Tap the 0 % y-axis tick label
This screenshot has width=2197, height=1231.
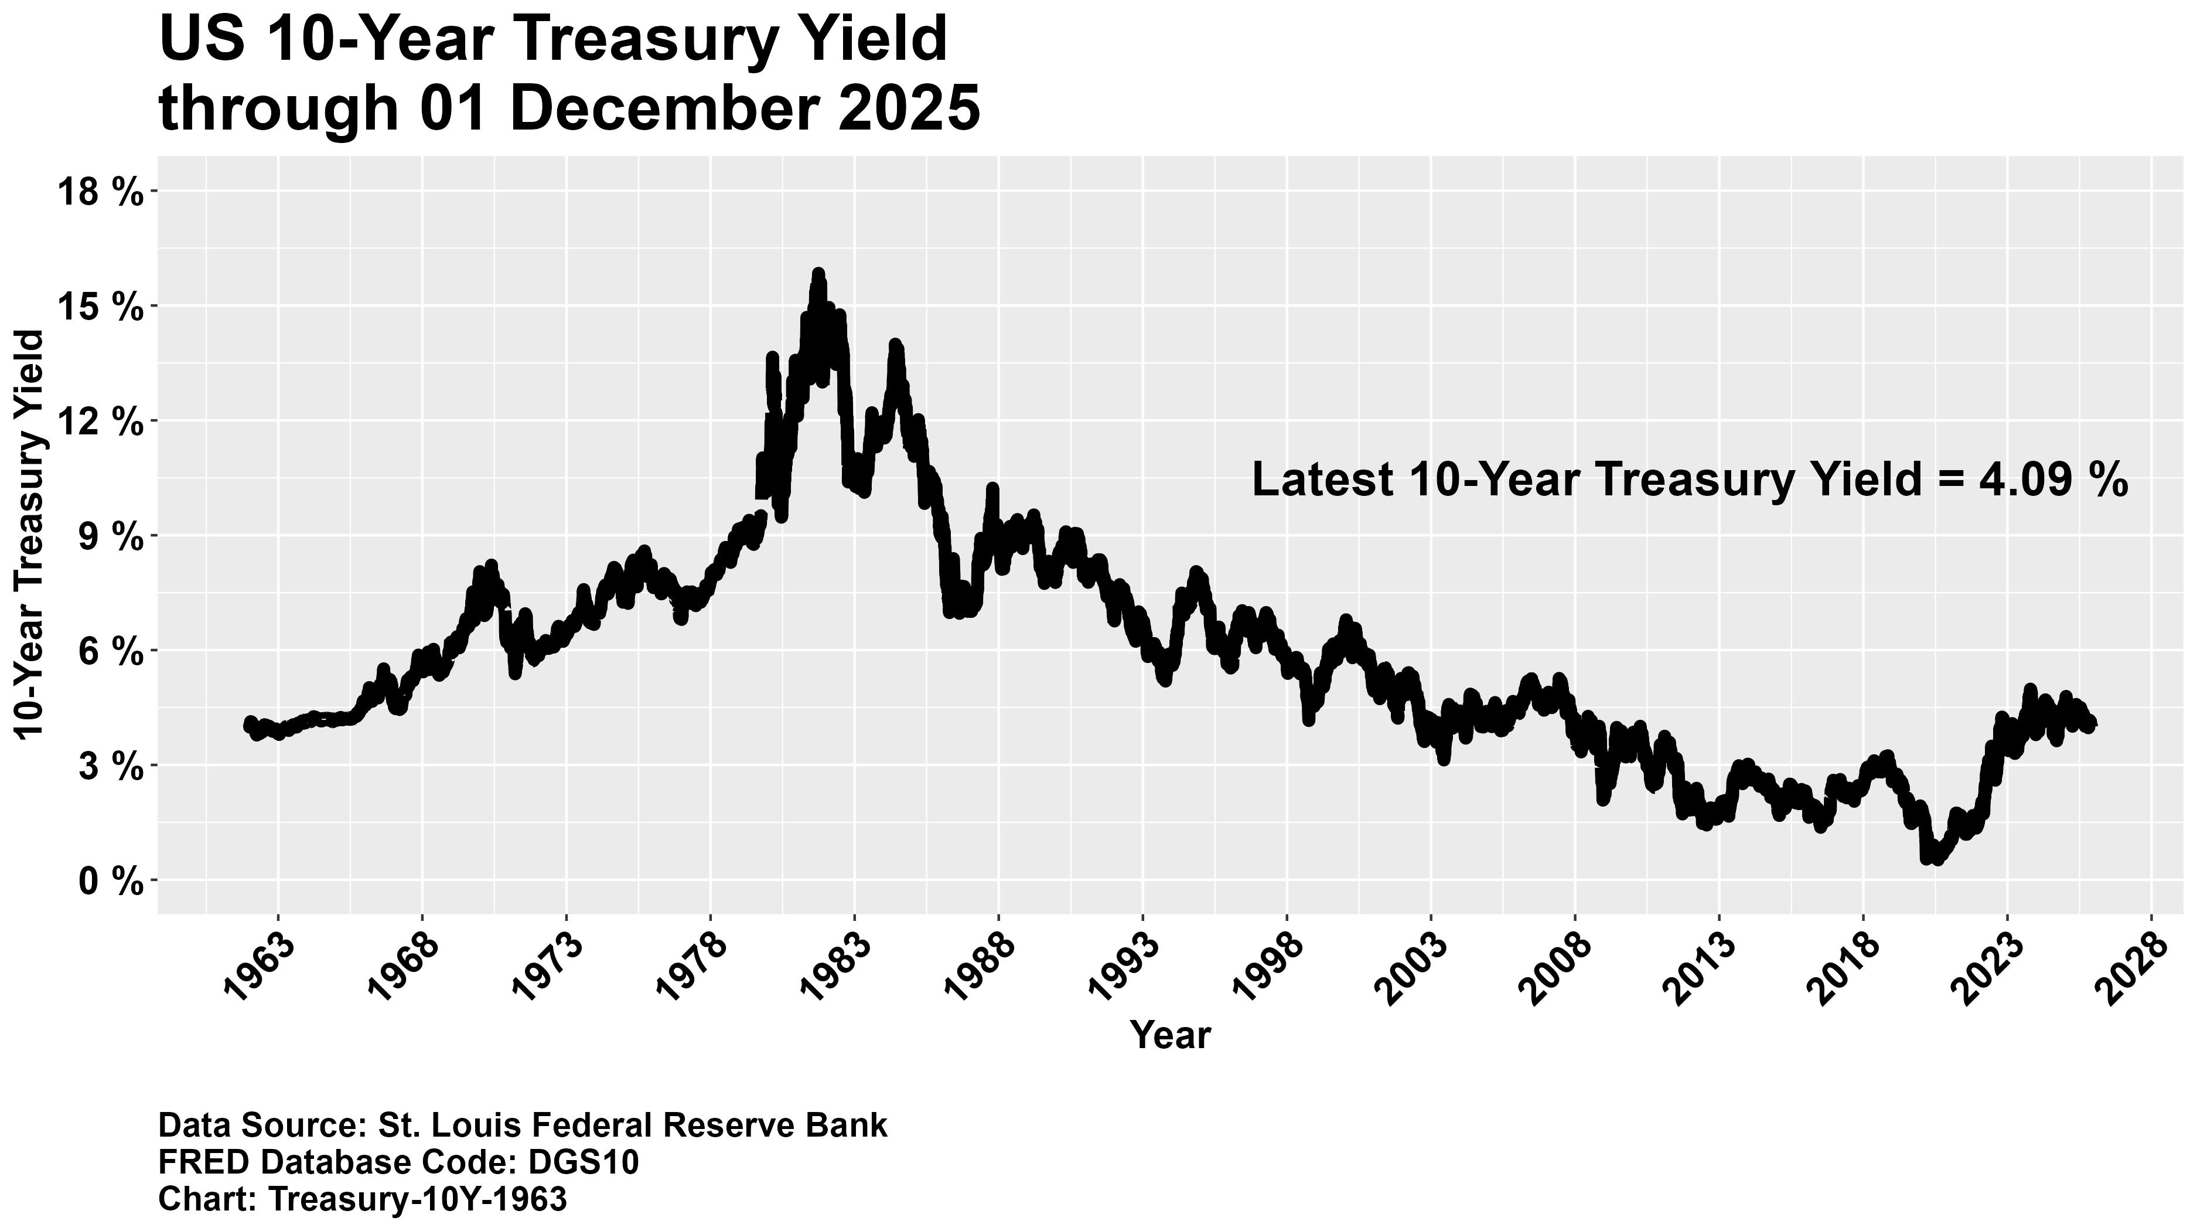point(110,882)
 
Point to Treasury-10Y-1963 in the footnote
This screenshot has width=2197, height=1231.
point(417,1199)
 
